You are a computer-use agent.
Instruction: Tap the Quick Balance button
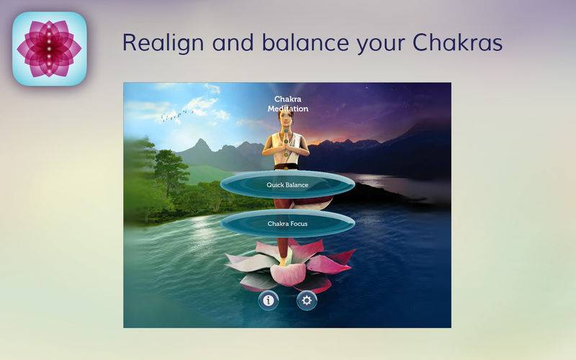pyautogui.click(x=287, y=185)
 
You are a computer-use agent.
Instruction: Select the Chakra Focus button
pyautogui.click(x=287, y=223)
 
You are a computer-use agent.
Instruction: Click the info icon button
pyautogui.click(x=269, y=300)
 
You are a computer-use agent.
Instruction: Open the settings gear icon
pyautogui.click(x=307, y=300)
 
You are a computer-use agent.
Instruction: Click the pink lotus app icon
pyautogui.click(x=50, y=49)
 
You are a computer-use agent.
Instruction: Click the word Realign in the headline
pyautogui.click(x=163, y=43)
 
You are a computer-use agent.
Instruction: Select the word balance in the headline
pyautogui.click(x=305, y=42)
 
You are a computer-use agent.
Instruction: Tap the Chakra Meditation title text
pyautogui.click(x=288, y=104)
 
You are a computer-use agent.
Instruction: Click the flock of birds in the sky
pyautogui.click(x=176, y=116)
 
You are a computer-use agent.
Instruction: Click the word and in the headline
pyautogui.click(x=233, y=42)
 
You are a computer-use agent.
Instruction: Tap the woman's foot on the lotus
pyautogui.click(x=283, y=262)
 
